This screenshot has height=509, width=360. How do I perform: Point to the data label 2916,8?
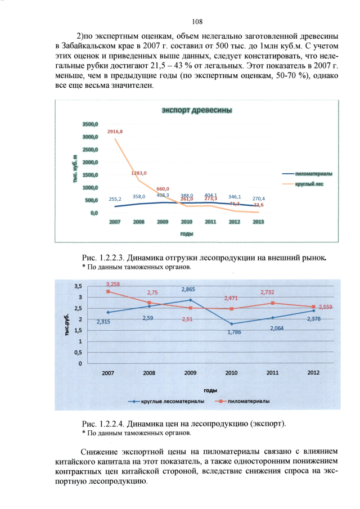tap(115, 132)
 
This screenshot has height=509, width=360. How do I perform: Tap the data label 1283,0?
tap(139, 173)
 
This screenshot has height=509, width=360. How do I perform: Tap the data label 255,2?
tap(115, 199)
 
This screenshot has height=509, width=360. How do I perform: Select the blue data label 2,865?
tap(188, 289)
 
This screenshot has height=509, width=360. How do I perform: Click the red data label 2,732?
tap(267, 292)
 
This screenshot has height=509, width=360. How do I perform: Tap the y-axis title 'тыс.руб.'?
tap(67, 325)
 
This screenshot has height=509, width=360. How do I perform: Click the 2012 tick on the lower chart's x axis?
tap(313, 372)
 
